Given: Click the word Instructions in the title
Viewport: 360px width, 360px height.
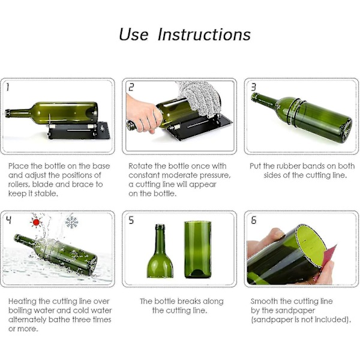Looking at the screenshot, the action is point(204,34).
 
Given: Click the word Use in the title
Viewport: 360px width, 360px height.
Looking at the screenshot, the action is point(134,34).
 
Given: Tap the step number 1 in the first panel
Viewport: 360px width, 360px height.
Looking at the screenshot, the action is point(8,87).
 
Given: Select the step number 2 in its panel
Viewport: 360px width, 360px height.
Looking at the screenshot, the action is point(131,87).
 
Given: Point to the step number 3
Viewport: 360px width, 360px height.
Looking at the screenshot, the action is point(253,87).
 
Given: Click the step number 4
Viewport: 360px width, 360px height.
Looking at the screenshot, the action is point(8,220).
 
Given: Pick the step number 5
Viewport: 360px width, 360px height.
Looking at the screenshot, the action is point(131,220).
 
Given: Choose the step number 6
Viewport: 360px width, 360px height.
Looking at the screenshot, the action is point(253,220).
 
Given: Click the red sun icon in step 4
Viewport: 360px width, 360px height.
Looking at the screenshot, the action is point(36,222).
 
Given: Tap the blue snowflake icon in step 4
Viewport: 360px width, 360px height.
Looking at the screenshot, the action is point(72,222).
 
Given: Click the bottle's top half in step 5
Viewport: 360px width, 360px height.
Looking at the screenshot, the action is point(160,251).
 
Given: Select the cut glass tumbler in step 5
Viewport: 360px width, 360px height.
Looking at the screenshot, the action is point(197,250).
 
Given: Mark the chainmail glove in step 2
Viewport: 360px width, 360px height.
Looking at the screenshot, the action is point(199,98).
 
